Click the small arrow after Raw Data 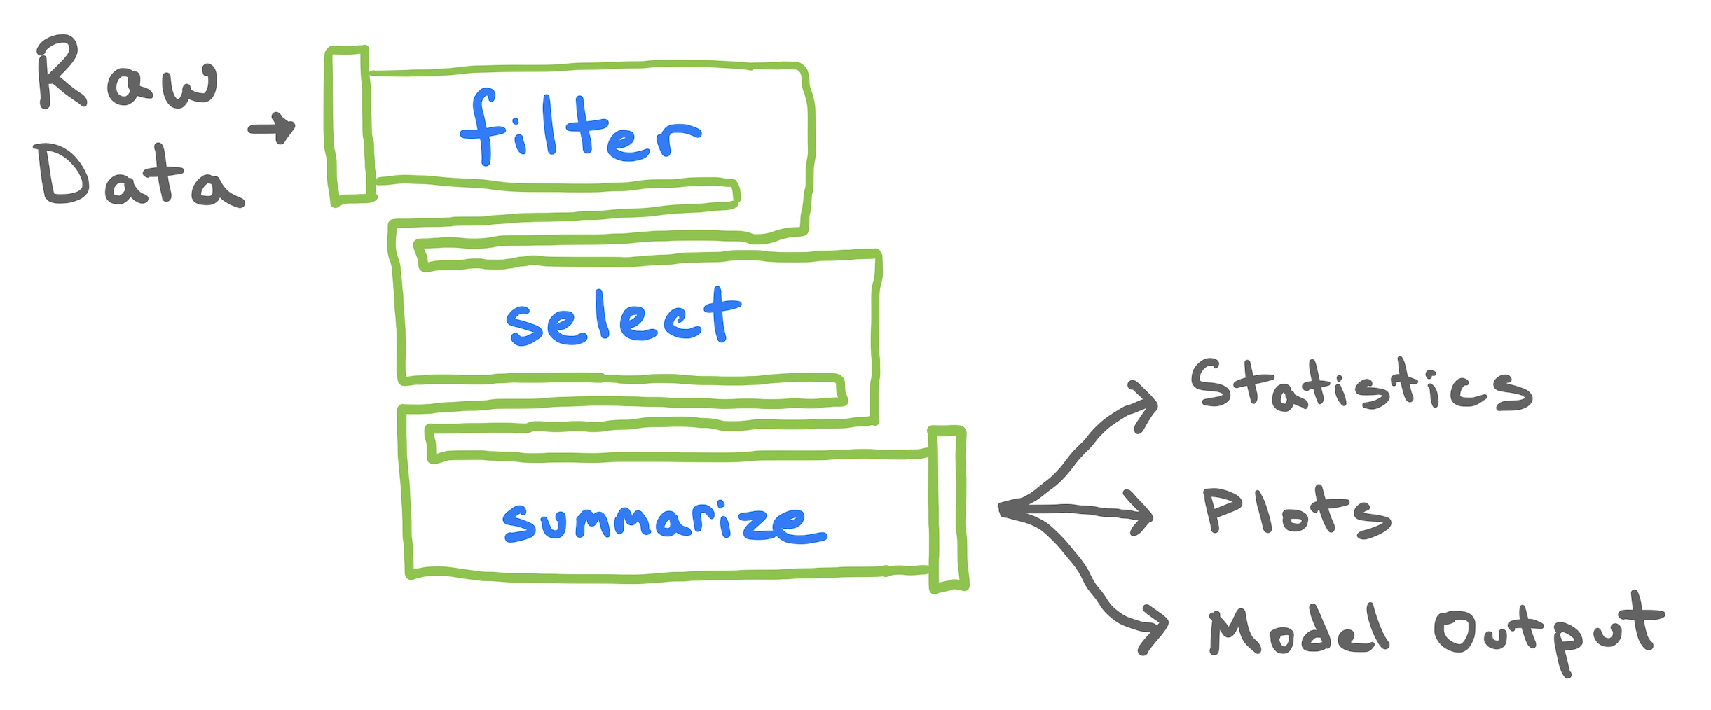[x=273, y=128]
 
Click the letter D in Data [x=63, y=175]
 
